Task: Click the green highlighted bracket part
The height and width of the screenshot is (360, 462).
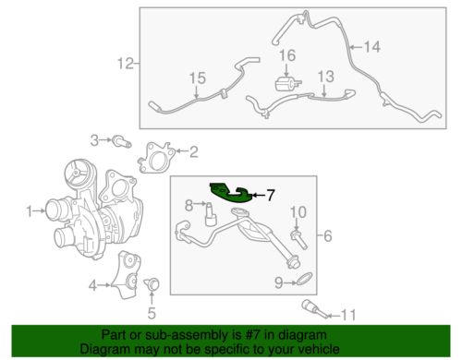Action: (x=229, y=191)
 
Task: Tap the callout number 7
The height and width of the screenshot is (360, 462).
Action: (x=272, y=195)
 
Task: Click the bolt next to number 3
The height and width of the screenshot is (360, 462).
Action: (x=121, y=141)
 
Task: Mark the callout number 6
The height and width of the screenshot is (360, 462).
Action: (x=327, y=236)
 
